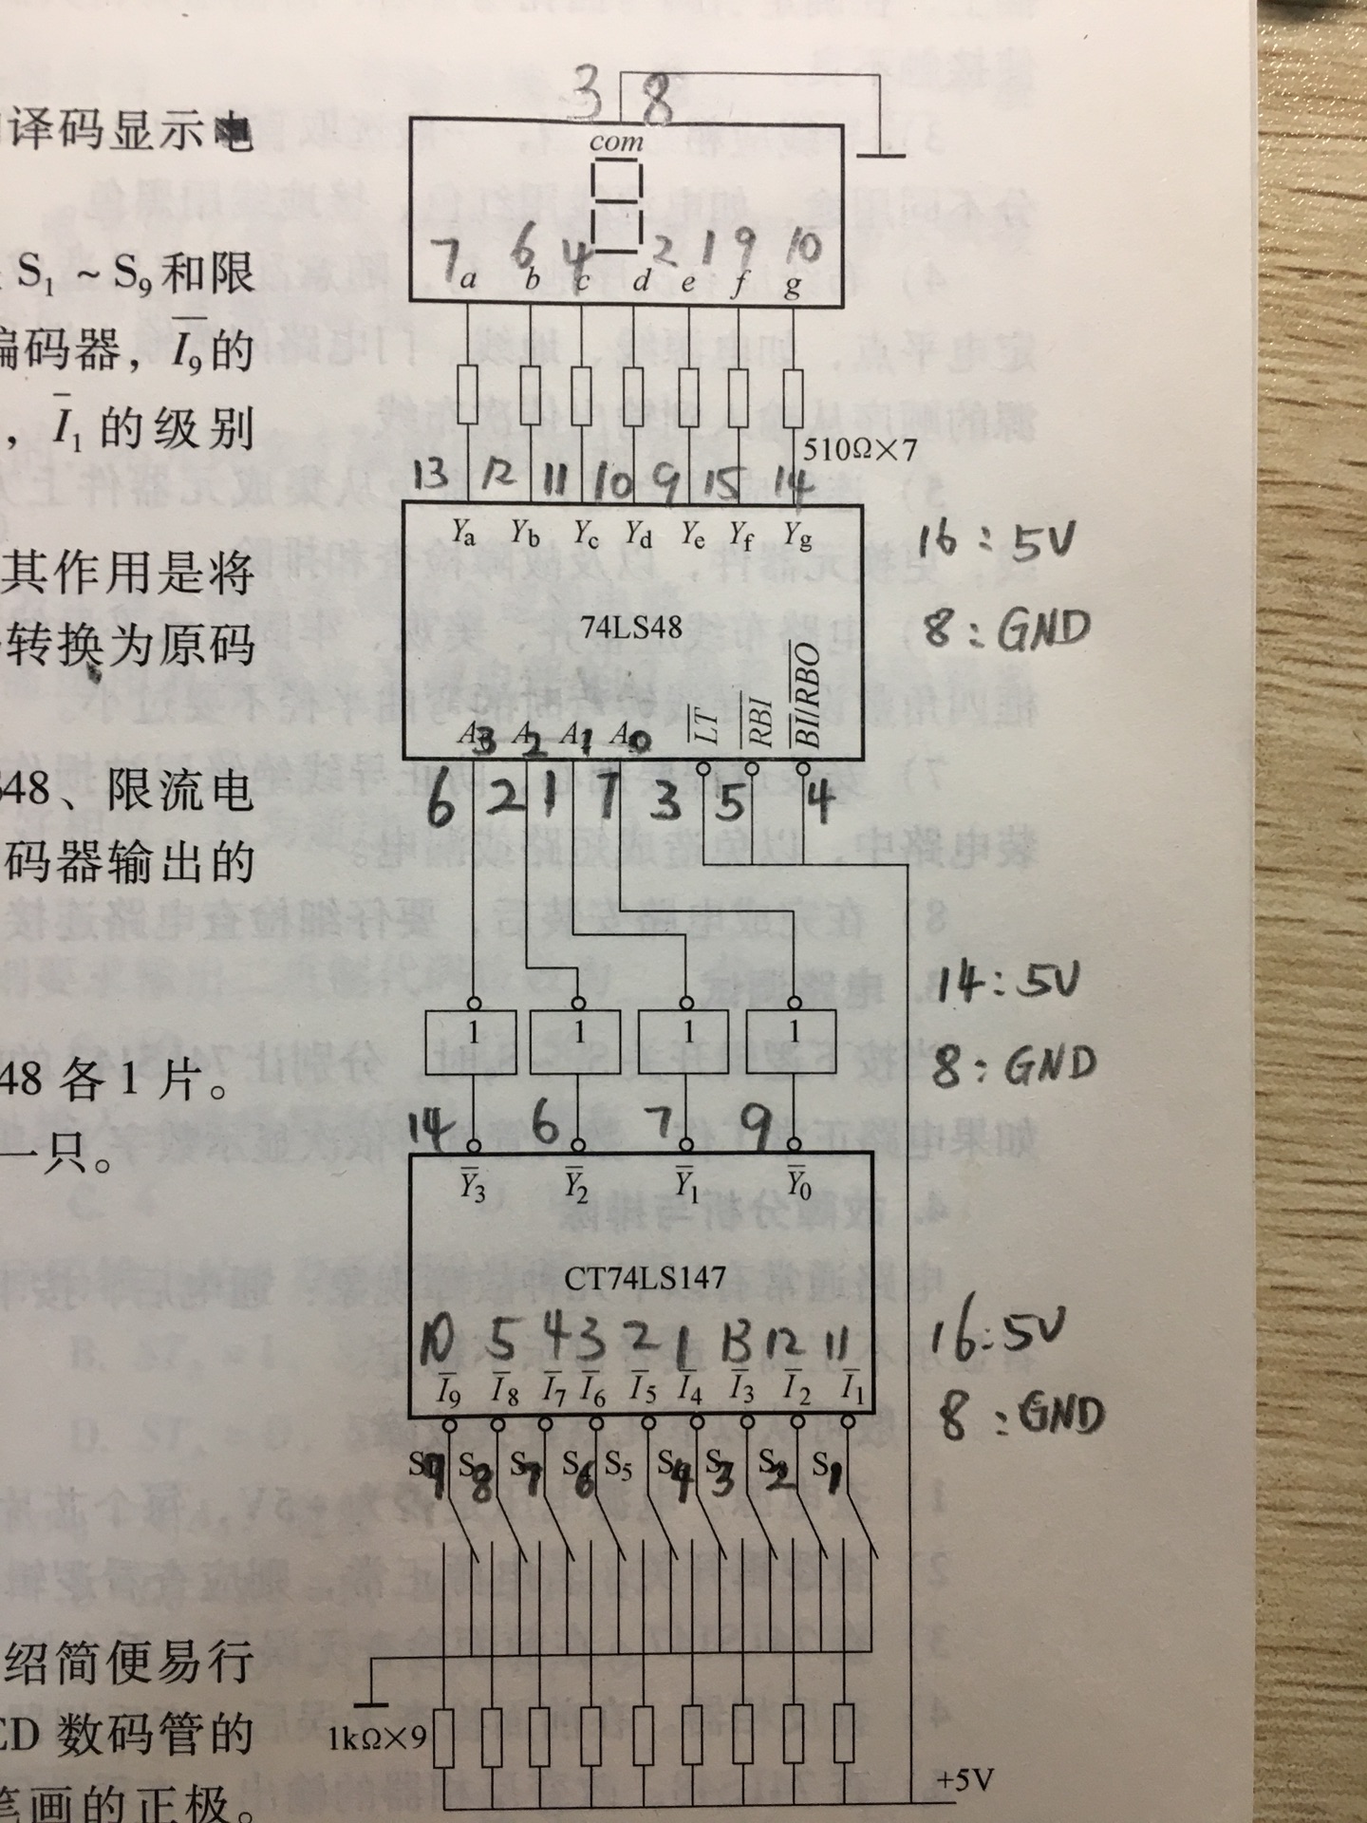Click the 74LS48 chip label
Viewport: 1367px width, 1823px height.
pos(631,628)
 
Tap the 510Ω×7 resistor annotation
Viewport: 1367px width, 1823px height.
pos(860,450)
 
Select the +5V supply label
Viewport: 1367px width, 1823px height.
pos(964,1778)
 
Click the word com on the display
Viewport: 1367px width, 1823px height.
pos(616,143)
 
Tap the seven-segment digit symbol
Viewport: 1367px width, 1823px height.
pos(616,205)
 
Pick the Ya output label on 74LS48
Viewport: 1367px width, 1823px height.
pos(463,534)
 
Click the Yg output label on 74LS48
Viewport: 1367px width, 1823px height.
pos(797,536)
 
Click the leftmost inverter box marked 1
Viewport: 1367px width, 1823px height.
pos(471,1042)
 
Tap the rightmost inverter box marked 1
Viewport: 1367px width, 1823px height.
pos(792,1042)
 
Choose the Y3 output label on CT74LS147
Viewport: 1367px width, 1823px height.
pos(472,1186)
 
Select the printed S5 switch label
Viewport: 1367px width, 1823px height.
pos(617,1468)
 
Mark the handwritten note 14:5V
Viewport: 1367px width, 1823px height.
pos(1008,985)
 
